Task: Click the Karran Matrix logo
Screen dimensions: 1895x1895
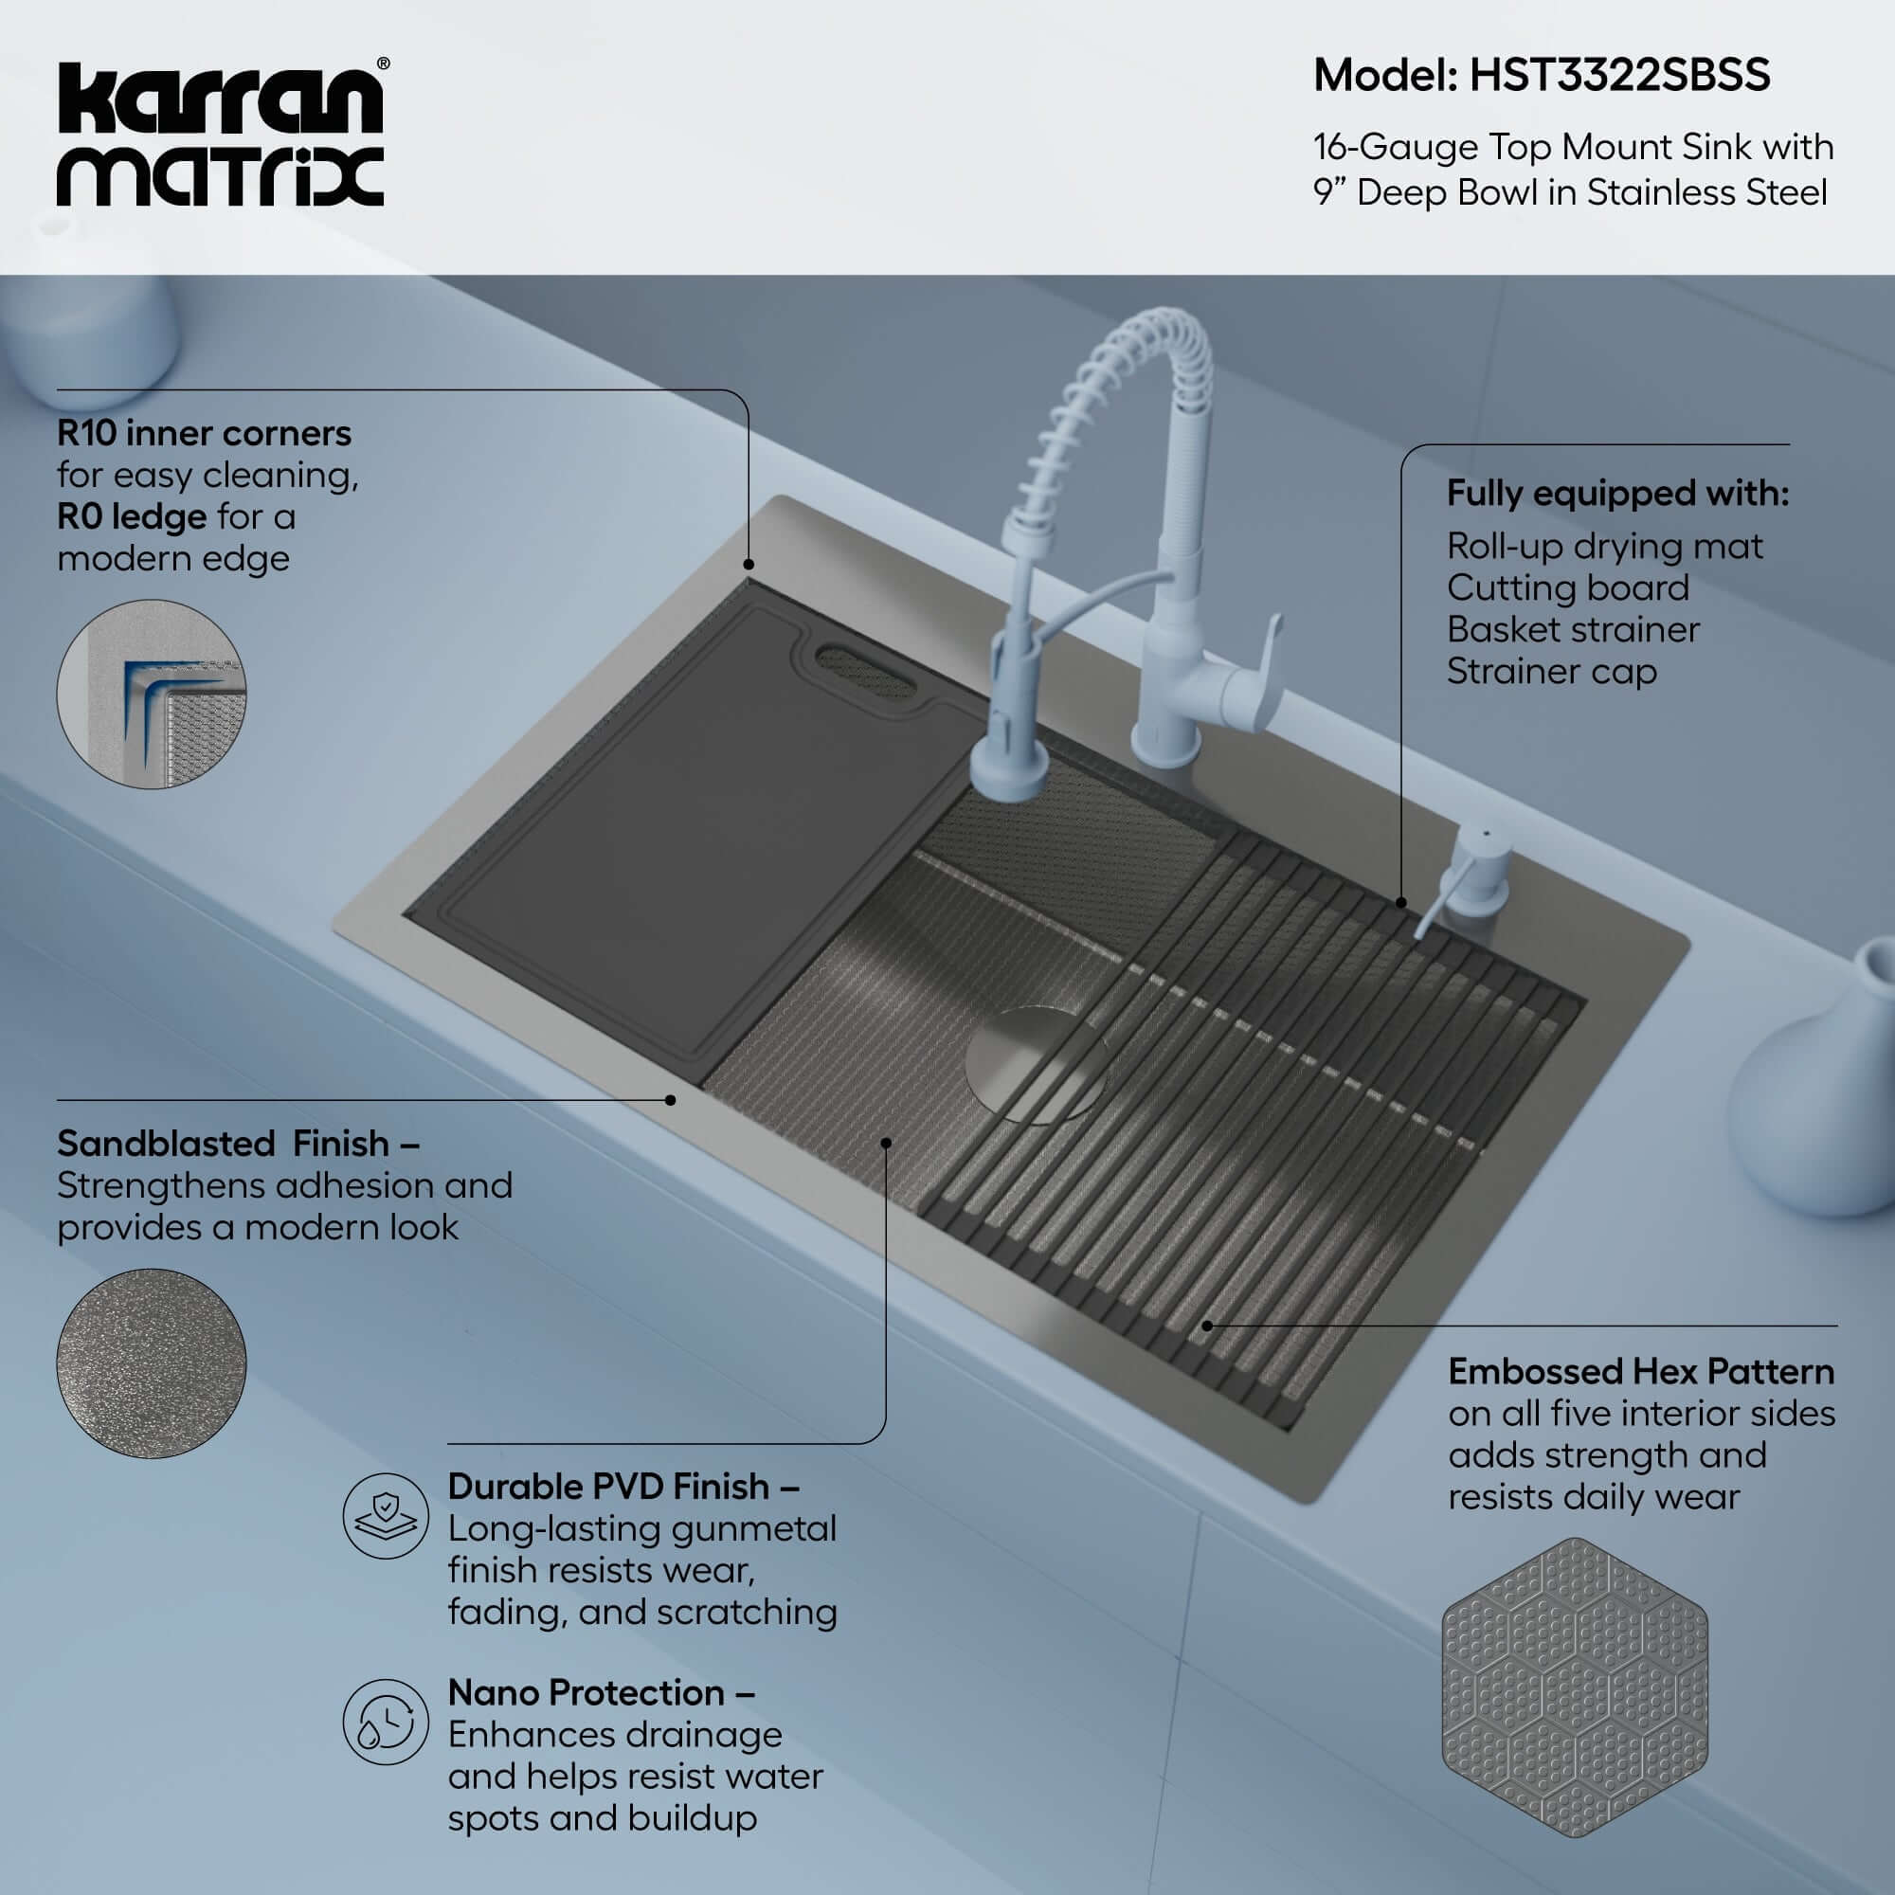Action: (221, 135)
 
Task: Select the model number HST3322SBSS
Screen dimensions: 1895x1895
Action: (1619, 76)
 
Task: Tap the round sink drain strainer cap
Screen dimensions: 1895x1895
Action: (1035, 1064)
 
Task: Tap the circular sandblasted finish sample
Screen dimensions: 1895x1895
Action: (152, 1363)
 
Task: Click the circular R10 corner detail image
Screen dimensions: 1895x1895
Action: (152, 694)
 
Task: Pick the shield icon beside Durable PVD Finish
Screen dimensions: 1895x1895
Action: (386, 1515)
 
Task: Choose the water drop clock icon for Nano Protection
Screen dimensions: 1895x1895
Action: (386, 1722)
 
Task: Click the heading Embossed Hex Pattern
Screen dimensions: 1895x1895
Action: (1641, 1371)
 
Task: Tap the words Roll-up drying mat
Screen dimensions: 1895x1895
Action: (1604, 546)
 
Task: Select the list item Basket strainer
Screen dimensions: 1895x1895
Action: (1572, 629)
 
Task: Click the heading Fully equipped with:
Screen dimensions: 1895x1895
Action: (1617, 493)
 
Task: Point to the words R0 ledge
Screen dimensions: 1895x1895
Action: (132, 516)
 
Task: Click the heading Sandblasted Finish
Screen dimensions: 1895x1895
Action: (238, 1144)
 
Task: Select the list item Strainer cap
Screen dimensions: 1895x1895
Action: (1551, 671)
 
